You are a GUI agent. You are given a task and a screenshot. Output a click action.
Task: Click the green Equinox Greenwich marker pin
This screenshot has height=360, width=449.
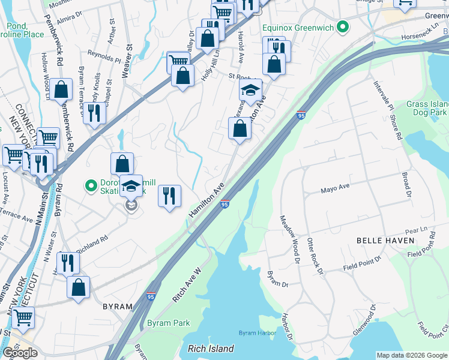tap(343, 27)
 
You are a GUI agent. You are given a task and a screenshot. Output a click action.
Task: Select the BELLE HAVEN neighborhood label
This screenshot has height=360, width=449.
tap(385, 240)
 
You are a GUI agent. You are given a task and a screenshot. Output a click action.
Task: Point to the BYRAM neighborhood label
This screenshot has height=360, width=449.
tap(117, 306)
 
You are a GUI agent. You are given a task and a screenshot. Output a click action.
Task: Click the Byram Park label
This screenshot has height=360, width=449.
tap(169, 323)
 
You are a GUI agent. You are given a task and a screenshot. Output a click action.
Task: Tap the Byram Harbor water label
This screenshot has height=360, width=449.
tap(257, 332)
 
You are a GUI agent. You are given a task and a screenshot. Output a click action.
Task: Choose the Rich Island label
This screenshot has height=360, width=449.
tap(211, 348)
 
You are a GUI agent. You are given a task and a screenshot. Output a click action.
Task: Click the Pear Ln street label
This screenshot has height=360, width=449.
tap(415, 230)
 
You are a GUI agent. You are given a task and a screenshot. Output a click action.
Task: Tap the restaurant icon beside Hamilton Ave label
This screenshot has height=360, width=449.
tap(169, 196)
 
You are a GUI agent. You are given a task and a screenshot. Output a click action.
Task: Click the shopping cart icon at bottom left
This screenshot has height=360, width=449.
tap(23, 317)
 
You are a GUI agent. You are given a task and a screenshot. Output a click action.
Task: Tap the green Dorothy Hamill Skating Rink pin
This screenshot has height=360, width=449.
tap(91, 187)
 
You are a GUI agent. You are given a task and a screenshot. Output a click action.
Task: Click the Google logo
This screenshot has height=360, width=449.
tap(20, 353)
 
